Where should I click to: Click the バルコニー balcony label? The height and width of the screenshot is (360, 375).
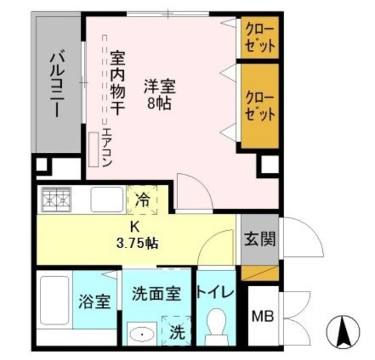pyautogui.click(x=56, y=84)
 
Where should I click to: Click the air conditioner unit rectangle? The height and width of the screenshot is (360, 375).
pyautogui.click(x=93, y=149)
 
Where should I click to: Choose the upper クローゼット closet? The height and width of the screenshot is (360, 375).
pyautogui.click(x=260, y=39)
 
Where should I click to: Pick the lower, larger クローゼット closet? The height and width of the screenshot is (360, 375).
pyautogui.click(x=260, y=105)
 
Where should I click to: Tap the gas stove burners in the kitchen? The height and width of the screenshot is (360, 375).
pyautogui.click(x=56, y=200)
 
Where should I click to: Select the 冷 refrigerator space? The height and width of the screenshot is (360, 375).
pyautogui.click(x=142, y=200)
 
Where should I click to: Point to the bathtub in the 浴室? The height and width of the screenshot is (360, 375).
pyautogui.click(x=56, y=301)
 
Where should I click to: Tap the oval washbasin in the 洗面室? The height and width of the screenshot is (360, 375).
pyautogui.click(x=141, y=334)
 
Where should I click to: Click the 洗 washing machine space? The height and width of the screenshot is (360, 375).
pyautogui.click(x=176, y=332)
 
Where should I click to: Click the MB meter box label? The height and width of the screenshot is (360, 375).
pyautogui.click(x=262, y=317)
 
